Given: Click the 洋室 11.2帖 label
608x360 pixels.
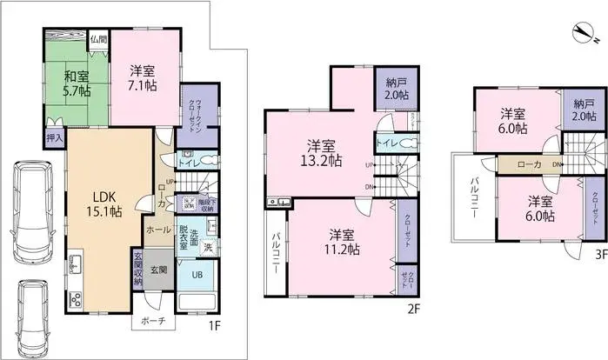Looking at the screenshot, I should pos(341,242).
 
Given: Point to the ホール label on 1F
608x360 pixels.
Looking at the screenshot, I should pos(157,231).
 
